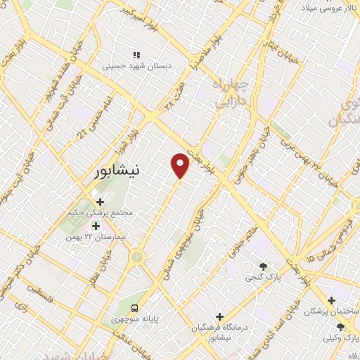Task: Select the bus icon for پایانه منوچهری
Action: (134, 307)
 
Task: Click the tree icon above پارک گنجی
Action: (262, 266)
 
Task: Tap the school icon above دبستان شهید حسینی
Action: (136, 55)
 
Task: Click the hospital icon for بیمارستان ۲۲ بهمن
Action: (96, 226)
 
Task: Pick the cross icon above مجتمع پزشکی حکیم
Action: (100, 202)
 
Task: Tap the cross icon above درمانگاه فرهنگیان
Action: (220, 317)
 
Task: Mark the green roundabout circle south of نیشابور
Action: (136, 257)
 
